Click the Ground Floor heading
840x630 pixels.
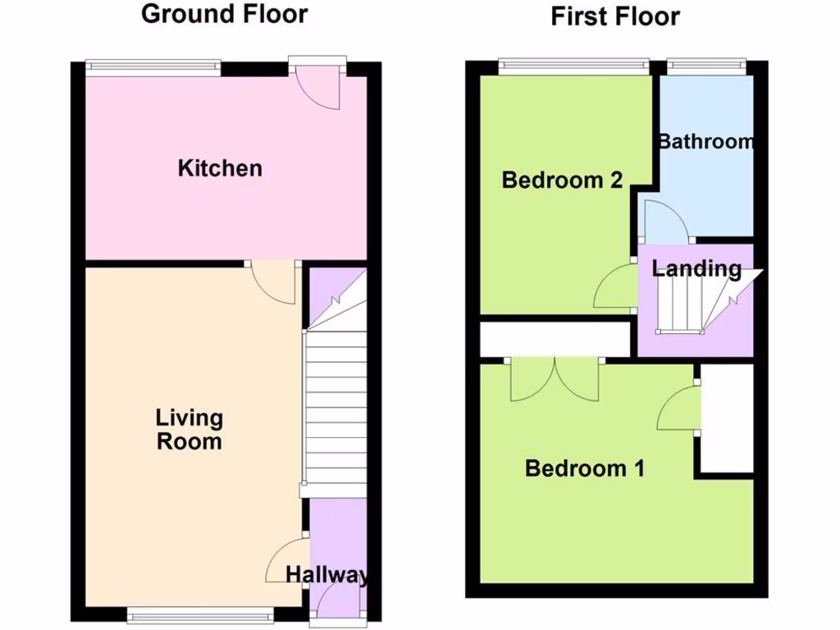(224, 14)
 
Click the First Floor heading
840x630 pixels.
(615, 16)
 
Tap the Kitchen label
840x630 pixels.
(220, 168)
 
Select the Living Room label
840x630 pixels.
(189, 430)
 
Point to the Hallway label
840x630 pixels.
(326, 575)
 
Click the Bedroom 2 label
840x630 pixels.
(562, 180)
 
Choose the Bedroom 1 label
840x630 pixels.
(584, 468)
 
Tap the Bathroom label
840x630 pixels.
(706, 141)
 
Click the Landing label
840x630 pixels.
(696, 268)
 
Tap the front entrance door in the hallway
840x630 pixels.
(333, 608)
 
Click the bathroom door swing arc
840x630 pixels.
(664, 220)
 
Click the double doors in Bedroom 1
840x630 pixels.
(555, 379)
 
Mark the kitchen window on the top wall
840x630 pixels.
(154, 66)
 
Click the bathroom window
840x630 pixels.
(706, 66)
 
